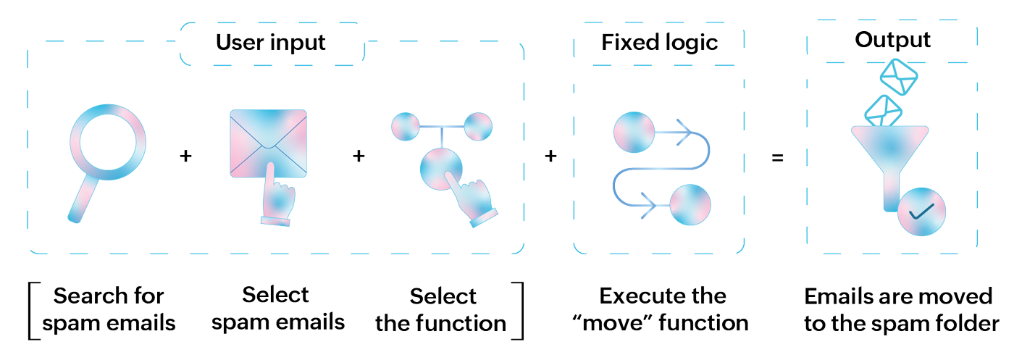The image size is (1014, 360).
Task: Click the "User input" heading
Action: click(271, 43)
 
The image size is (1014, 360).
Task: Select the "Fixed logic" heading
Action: click(660, 43)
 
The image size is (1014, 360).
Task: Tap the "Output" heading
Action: click(892, 40)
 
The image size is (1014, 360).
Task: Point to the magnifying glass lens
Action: click(108, 142)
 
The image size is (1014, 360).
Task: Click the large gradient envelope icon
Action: click(269, 143)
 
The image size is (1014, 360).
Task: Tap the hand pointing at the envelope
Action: click(277, 196)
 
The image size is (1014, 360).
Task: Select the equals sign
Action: click(777, 158)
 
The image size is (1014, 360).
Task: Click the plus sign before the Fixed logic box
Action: click(550, 156)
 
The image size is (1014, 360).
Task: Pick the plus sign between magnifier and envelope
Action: click(185, 156)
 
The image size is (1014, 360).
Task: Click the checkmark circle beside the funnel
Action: click(921, 212)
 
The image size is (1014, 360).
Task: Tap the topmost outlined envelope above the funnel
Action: click(899, 77)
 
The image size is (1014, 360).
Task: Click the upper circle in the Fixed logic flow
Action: click(634, 133)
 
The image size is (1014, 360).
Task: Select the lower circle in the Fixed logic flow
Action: click(690, 205)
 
